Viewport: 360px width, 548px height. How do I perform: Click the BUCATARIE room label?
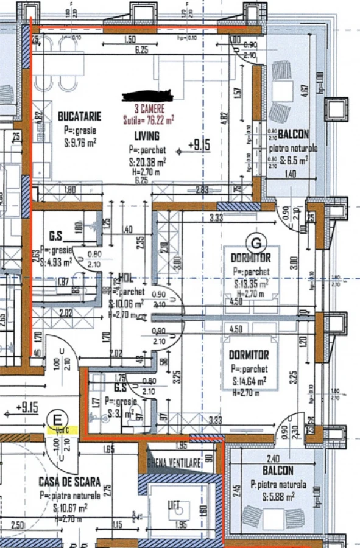(x=79, y=116)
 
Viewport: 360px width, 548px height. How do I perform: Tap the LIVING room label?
(x=147, y=136)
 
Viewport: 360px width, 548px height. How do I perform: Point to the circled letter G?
(x=256, y=242)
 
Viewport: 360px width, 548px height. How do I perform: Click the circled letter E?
(x=58, y=419)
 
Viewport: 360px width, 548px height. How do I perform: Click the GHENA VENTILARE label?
(x=174, y=464)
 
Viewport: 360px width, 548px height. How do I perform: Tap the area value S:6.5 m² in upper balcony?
(x=289, y=161)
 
